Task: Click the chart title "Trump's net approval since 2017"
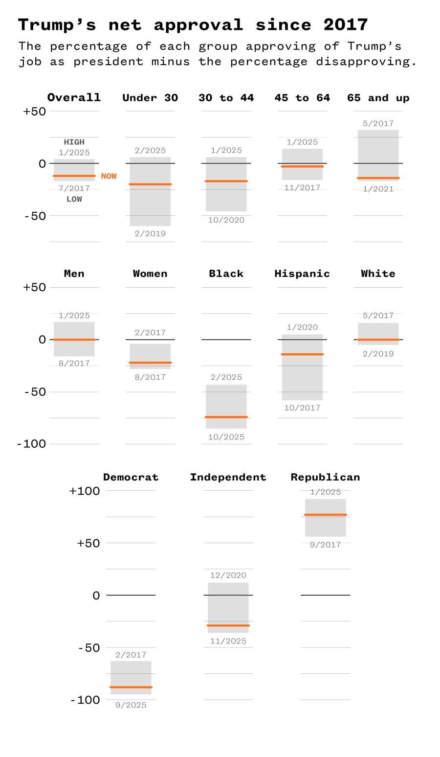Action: click(193, 24)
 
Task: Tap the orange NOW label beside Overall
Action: click(109, 176)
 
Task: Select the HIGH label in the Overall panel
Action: click(74, 142)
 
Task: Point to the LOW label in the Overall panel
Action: click(74, 199)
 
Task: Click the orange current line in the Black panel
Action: click(226, 417)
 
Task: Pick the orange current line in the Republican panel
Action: click(325, 515)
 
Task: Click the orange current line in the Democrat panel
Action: click(131, 687)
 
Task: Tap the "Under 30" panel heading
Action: click(150, 98)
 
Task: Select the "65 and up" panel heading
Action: click(378, 98)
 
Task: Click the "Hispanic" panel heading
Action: click(302, 274)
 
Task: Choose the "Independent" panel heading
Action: click(228, 477)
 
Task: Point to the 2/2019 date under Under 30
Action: click(150, 233)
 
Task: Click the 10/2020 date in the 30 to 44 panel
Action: click(226, 220)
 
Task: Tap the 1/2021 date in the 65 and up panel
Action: click(378, 189)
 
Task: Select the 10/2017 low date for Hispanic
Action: click(302, 408)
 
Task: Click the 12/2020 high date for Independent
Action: click(228, 575)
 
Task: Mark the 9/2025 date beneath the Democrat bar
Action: click(131, 705)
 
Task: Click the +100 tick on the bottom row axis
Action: click(85, 491)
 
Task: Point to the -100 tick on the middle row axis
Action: click(32, 444)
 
